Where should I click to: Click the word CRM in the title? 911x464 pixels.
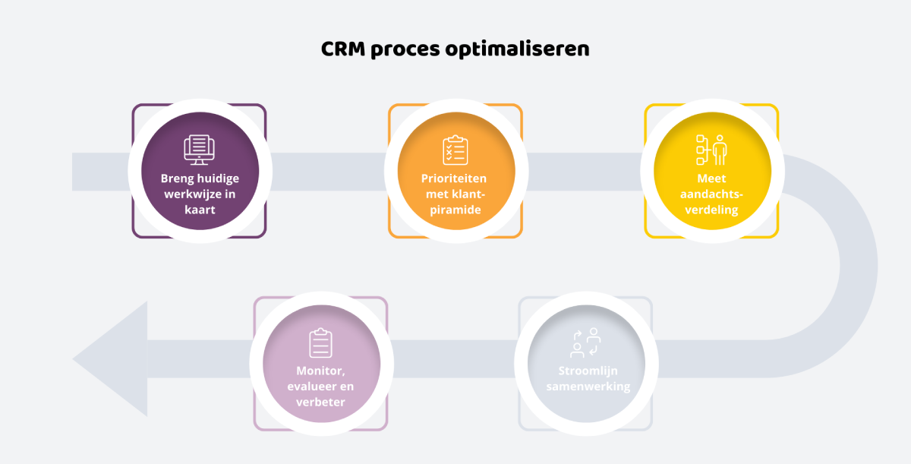coord(342,49)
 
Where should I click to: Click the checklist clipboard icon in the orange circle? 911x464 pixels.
coord(454,150)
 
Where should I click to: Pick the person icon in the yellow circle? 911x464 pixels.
coord(719,150)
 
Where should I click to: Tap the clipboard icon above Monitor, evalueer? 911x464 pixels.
coord(320,343)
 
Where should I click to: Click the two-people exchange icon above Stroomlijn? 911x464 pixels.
coord(585,343)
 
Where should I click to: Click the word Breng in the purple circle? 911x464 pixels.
coord(178,179)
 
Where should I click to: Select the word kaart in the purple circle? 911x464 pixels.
coord(199,210)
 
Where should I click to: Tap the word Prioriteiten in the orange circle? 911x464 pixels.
coord(454,179)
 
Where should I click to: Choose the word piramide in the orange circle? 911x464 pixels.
coord(454,210)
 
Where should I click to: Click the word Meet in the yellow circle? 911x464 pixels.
coord(712,179)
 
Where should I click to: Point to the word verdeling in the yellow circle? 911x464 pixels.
coord(712,210)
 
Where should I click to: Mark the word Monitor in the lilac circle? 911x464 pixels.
coord(318,371)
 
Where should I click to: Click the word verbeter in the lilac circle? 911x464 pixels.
coord(320,402)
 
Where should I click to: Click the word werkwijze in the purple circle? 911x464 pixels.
coord(192,194)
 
